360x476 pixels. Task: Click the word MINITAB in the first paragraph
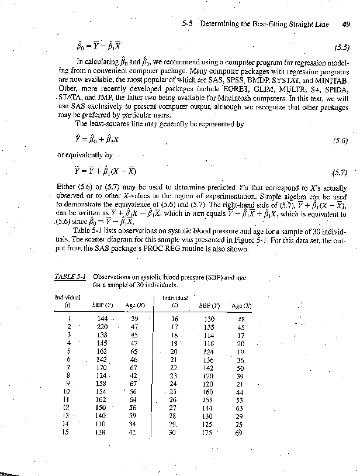point(331,79)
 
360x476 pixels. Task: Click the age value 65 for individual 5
point(134,351)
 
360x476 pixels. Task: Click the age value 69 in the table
point(238,433)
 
